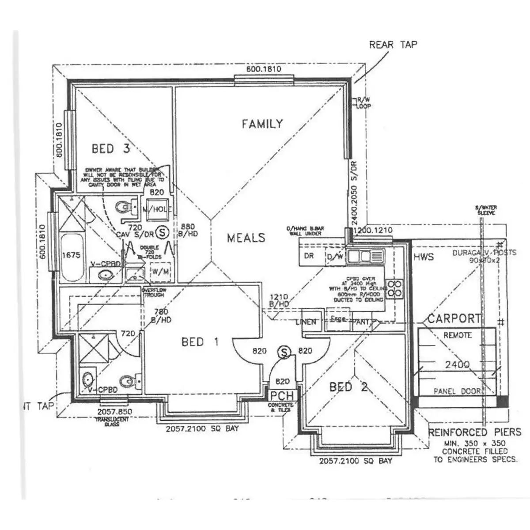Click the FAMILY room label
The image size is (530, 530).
(262, 124)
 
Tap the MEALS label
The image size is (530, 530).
(246, 238)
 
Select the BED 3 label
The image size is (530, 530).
(110, 148)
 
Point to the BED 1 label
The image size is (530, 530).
(200, 342)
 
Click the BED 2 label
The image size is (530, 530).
(348, 387)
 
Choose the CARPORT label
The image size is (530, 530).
(454, 318)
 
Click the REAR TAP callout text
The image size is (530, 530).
(393, 45)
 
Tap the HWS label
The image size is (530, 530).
(424, 257)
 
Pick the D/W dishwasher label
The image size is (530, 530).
(335, 257)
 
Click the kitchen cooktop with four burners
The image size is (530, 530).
(394, 288)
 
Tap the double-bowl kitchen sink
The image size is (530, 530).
(365, 256)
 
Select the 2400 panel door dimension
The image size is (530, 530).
(457, 365)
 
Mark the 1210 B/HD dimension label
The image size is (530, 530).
(279, 300)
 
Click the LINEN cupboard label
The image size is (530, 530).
(307, 322)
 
